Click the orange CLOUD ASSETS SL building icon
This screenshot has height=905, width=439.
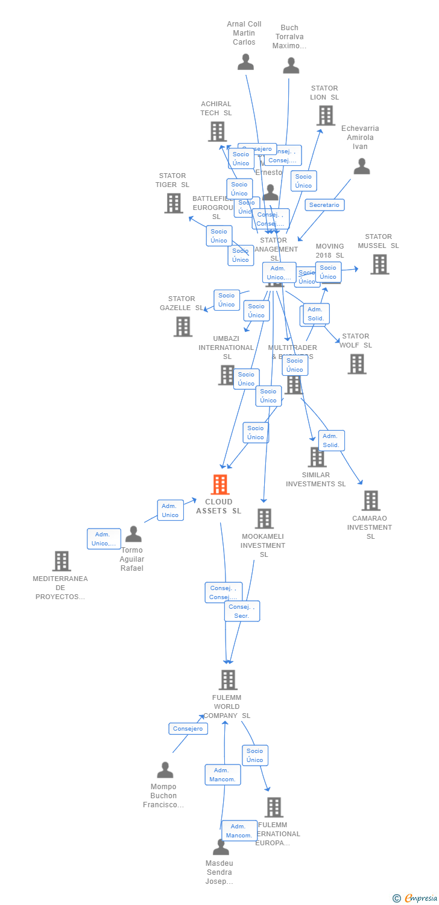[220, 484]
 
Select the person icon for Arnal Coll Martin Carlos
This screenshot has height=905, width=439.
[245, 62]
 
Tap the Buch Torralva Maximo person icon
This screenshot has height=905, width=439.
[291, 66]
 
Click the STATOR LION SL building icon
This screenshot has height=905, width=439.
[326, 115]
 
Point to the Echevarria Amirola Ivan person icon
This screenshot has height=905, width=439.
[361, 167]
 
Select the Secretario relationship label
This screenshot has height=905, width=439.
[324, 205]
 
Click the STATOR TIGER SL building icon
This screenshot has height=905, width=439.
[174, 203]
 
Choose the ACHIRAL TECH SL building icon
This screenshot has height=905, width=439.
[217, 132]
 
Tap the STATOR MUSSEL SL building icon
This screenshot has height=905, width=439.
[379, 264]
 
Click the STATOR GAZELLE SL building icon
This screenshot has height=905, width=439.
[183, 326]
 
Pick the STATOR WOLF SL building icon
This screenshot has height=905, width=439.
[356, 364]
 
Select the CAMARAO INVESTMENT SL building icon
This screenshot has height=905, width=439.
[371, 500]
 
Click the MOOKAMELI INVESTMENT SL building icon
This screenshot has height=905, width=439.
[264, 518]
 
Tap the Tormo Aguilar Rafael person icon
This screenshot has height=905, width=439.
[133, 534]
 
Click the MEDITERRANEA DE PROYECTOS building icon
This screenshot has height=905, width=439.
[61, 561]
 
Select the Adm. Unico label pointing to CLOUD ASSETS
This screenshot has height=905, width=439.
[171, 510]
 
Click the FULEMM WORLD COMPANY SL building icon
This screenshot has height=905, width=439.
[227, 680]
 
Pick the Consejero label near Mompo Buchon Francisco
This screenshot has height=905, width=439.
[188, 729]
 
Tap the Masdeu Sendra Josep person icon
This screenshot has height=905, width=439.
[221, 847]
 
